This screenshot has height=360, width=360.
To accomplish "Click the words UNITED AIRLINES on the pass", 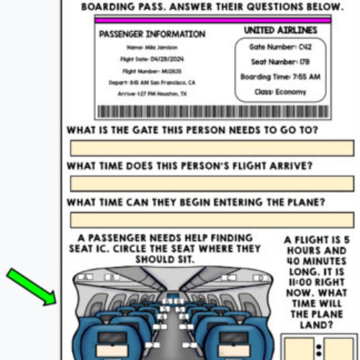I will (279, 30).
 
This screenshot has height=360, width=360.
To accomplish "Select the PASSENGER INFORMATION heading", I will (151, 35).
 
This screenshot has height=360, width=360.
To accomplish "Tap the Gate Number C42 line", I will (279, 46).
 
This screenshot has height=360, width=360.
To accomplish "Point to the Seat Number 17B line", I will (279, 61).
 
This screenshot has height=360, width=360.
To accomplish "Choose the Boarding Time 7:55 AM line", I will (279, 76).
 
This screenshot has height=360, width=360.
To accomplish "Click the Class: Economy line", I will (279, 92).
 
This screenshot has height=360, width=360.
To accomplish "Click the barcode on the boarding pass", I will (212, 112).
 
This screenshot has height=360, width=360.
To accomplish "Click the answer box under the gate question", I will (212, 148).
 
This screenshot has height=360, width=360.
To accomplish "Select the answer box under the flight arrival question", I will (212, 184).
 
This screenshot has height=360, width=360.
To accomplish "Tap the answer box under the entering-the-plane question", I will (212, 220).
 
